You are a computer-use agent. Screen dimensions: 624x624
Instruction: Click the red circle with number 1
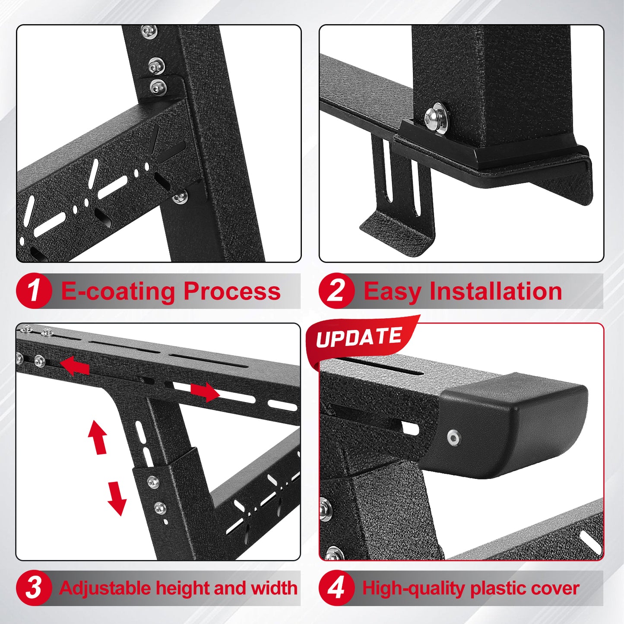click(34, 291)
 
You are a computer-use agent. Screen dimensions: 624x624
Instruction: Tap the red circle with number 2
click(336, 291)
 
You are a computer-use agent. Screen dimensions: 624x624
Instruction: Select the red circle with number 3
click(34, 588)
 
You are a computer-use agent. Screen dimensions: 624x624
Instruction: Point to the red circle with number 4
click(336, 588)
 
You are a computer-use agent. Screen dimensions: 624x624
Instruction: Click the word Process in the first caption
click(232, 291)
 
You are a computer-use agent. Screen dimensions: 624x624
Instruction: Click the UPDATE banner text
click(359, 338)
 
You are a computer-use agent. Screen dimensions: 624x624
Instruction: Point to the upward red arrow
click(98, 437)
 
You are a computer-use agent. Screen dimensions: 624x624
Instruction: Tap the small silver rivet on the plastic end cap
click(453, 438)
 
